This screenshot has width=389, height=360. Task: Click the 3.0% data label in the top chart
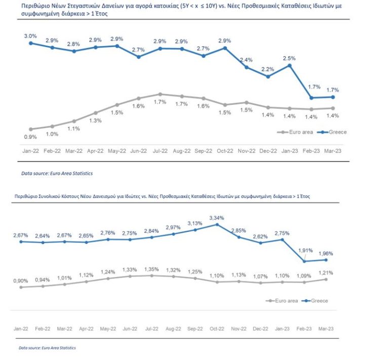(x=30, y=36)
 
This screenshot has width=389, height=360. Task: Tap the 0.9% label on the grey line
(x=30, y=137)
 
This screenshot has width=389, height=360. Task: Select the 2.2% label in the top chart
(x=268, y=69)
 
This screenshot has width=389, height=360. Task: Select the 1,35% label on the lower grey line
(x=152, y=269)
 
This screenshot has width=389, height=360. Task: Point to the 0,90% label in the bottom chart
(x=21, y=281)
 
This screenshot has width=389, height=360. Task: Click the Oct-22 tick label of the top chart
(x=224, y=151)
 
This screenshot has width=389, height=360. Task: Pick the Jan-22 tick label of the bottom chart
(x=21, y=328)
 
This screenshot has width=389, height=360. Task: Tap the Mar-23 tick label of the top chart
(x=333, y=151)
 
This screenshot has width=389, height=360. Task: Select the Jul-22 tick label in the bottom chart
(x=152, y=328)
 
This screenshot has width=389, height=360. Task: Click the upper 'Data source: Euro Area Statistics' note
(x=57, y=173)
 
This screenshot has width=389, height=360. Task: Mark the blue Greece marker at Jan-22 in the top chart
(x=30, y=43)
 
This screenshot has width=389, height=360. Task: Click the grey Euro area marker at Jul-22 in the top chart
(x=160, y=94)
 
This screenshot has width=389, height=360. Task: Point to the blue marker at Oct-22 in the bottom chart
(x=218, y=224)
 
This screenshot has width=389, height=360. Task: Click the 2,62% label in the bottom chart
(x=261, y=236)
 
